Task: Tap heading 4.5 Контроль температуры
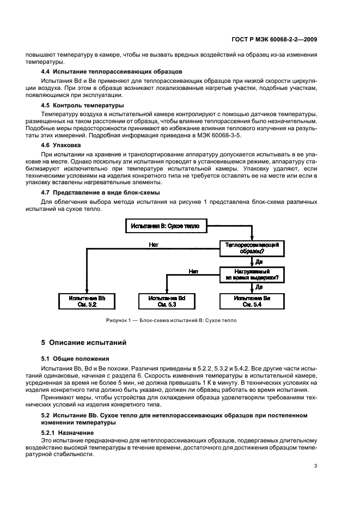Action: tap(82, 104)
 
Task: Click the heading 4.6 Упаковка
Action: tap(60, 145)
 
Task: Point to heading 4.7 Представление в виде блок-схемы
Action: tap(101, 193)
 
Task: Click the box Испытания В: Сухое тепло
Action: tap(165, 225)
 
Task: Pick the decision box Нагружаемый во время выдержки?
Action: tap(252, 274)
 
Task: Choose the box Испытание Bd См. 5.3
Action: tap(165, 301)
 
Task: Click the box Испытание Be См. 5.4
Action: tap(252, 301)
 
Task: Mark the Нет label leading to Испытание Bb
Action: tap(154, 245)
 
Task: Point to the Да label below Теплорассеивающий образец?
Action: tap(259, 261)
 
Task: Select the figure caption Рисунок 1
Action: tap(171, 320)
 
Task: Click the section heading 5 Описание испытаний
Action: tap(84, 343)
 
